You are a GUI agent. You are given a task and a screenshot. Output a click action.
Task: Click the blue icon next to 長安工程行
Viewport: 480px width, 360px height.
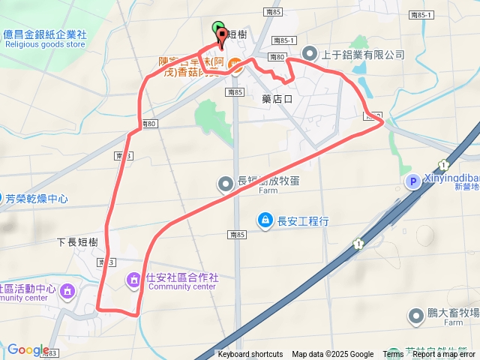[x=265, y=220]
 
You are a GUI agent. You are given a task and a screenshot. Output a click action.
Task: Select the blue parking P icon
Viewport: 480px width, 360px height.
[x=412, y=181]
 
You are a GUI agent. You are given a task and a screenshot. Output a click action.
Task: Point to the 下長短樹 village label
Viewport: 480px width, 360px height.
[x=77, y=242]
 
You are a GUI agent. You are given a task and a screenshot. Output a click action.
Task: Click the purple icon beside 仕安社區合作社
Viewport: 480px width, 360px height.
[x=134, y=280]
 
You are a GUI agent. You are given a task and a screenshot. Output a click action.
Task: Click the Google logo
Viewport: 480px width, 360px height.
[x=28, y=350]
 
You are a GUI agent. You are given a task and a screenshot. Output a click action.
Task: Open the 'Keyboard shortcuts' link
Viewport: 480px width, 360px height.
[x=250, y=355]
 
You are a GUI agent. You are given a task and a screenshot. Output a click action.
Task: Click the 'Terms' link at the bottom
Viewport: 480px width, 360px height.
[x=393, y=355]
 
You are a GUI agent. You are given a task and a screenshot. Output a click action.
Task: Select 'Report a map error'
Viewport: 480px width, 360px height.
[x=444, y=355]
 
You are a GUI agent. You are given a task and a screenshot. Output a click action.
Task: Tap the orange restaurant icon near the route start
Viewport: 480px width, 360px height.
[x=235, y=67]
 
